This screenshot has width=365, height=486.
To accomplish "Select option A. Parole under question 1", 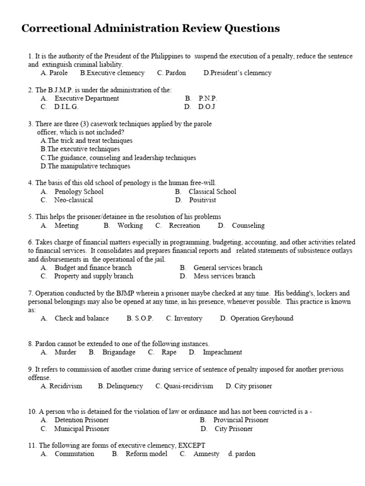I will (x=54, y=73).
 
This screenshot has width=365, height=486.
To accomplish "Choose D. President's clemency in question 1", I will (x=237, y=73).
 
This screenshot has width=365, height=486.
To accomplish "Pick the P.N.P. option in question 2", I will (x=208, y=99).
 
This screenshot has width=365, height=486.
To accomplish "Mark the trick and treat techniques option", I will (x=86, y=141).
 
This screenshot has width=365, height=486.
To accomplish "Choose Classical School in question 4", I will (x=212, y=192).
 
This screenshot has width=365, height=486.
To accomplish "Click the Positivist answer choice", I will (x=202, y=200).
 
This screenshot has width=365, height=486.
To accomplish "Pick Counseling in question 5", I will (x=248, y=226).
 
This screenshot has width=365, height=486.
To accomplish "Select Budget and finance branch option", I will (x=93, y=268).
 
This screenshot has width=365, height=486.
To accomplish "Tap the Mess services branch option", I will (x=224, y=276).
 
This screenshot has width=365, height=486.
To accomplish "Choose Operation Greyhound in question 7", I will (x=261, y=318).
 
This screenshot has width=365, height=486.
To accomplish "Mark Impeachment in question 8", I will (x=222, y=353).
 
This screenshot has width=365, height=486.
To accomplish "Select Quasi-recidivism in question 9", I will (x=184, y=386).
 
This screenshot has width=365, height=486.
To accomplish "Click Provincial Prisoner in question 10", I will (x=240, y=420).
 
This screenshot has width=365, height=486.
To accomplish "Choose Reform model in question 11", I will (x=146, y=454).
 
